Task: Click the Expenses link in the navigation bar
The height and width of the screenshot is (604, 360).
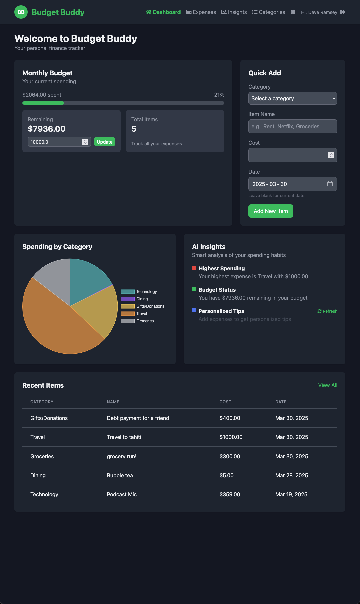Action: [x=201, y=12]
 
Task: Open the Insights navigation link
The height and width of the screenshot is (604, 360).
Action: [x=234, y=12]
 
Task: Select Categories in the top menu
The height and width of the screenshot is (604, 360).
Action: [x=269, y=12]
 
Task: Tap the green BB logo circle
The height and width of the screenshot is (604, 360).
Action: [x=21, y=12]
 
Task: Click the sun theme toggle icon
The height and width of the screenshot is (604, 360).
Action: [x=293, y=12]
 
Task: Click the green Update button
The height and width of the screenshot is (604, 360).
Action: [x=105, y=142]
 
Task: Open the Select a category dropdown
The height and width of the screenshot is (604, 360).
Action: [x=293, y=98]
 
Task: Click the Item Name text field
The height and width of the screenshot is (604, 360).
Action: [x=293, y=126]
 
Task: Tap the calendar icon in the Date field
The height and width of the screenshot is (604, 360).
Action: [x=330, y=184]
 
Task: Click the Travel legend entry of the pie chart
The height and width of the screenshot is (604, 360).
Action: [x=134, y=314]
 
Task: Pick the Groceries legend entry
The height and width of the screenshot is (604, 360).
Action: [x=137, y=321]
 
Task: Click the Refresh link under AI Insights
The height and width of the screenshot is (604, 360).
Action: [x=327, y=311]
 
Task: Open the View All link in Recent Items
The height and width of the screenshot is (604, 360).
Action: [x=328, y=385]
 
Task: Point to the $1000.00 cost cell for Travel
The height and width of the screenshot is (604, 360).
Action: [x=231, y=437]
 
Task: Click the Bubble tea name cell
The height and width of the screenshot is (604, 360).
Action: [x=120, y=475]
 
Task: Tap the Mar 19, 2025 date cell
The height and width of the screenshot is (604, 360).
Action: [x=291, y=494]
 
